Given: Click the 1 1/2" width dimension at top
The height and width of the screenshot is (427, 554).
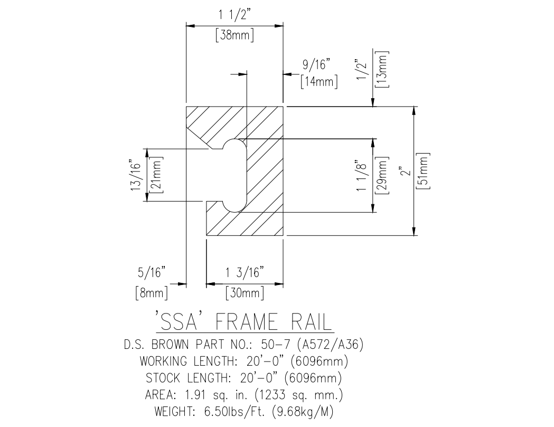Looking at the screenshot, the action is click(235, 16).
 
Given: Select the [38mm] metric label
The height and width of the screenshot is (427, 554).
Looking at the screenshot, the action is click(235, 35).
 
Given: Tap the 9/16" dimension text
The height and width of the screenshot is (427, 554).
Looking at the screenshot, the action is click(316, 65).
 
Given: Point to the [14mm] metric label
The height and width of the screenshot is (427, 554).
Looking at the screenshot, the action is click(319, 82).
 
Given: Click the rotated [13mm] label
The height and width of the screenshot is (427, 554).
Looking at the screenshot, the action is click(383, 69).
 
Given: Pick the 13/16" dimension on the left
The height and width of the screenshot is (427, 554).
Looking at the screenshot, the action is click(136, 176).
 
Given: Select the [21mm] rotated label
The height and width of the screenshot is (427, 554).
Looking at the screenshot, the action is click(156, 175).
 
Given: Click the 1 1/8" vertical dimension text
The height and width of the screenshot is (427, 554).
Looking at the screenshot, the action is click(362, 175).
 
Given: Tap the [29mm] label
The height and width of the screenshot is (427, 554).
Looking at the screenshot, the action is click(383, 175).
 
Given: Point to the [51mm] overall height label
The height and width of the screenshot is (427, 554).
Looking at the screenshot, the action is click(423, 172).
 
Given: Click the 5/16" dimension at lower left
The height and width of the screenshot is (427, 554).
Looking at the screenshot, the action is click(152, 273).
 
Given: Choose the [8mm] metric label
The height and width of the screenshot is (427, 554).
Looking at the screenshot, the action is click(152, 293).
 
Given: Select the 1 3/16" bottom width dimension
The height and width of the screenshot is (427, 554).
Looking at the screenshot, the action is click(245, 273).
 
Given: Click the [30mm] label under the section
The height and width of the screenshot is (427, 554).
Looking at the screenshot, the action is click(245, 293).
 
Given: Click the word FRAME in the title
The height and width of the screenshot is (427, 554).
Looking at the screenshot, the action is click(246, 322).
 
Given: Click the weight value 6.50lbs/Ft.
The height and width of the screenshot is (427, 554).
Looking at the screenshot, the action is click(234, 412).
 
